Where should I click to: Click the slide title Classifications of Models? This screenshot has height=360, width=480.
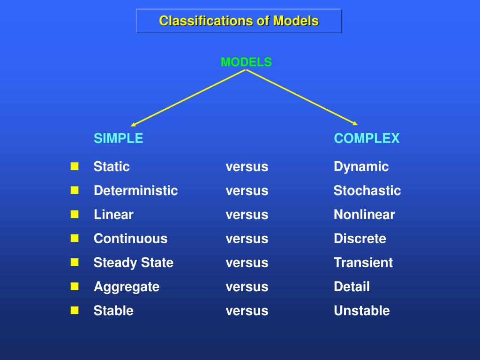click(239, 21)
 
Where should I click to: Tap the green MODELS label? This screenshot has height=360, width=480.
click(246, 62)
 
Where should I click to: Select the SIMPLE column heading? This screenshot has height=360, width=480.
click(118, 138)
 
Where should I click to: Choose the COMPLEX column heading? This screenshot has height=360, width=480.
click(367, 138)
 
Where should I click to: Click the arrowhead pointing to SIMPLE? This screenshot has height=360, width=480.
click(134, 124)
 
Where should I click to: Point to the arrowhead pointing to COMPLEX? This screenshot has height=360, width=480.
click(355, 123)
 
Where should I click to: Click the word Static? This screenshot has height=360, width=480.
click(112, 166)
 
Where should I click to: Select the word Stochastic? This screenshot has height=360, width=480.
click(367, 191)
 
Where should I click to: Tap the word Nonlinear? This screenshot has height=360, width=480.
click(364, 215)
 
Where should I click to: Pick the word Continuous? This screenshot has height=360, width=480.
click(130, 239)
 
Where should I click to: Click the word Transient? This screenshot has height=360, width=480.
click(363, 262)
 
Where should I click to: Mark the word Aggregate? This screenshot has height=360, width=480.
click(127, 287)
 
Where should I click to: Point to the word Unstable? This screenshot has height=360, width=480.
click(361, 311)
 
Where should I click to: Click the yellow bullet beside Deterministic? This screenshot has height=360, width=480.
click(75, 190)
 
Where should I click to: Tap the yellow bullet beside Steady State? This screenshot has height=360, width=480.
click(75, 262)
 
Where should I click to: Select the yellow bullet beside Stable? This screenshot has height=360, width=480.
click(75, 310)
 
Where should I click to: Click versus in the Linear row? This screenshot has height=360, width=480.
click(247, 215)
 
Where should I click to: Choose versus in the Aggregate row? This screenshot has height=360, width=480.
click(247, 287)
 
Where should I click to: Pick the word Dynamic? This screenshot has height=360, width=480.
click(361, 166)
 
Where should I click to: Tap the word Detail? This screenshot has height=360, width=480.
click(352, 287)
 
